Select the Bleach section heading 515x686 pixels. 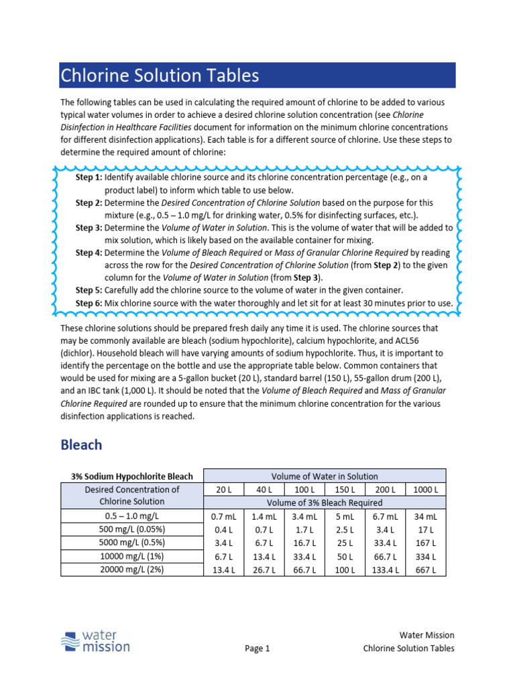click(x=81, y=445)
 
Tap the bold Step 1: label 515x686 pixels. click(x=89, y=178)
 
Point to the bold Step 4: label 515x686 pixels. click(x=89, y=253)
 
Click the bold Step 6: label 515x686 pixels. click(x=89, y=303)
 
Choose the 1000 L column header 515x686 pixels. click(x=426, y=489)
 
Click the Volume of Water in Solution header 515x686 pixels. click(x=325, y=476)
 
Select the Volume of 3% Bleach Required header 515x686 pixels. click(x=325, y=502)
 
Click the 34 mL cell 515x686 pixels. click(x=426, y=517)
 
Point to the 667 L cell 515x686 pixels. click(x=426, y=570)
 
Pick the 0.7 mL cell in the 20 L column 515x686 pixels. click(x=221, y=517)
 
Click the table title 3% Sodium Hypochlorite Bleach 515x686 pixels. click(x=132, y=476)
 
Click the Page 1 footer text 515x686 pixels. click(x=257, y=648)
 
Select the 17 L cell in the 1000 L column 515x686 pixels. click(x=426, y=530)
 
